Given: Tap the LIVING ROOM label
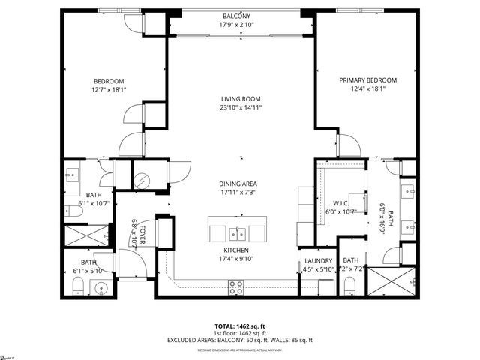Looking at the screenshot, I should [241, 98].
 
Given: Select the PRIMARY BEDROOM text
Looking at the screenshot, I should [367, 80].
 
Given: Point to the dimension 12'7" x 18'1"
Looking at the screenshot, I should [109, 90].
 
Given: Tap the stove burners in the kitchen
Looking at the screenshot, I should [236, 286].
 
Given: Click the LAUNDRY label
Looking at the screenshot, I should [318, 260].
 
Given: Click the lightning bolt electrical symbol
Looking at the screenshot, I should [142, 181].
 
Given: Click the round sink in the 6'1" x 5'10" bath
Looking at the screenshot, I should [100, 286].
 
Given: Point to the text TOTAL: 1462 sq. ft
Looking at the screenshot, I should [240, 326].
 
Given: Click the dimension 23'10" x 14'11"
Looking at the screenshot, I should [241, 107].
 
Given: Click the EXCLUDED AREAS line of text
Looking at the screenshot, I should [240, 340].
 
